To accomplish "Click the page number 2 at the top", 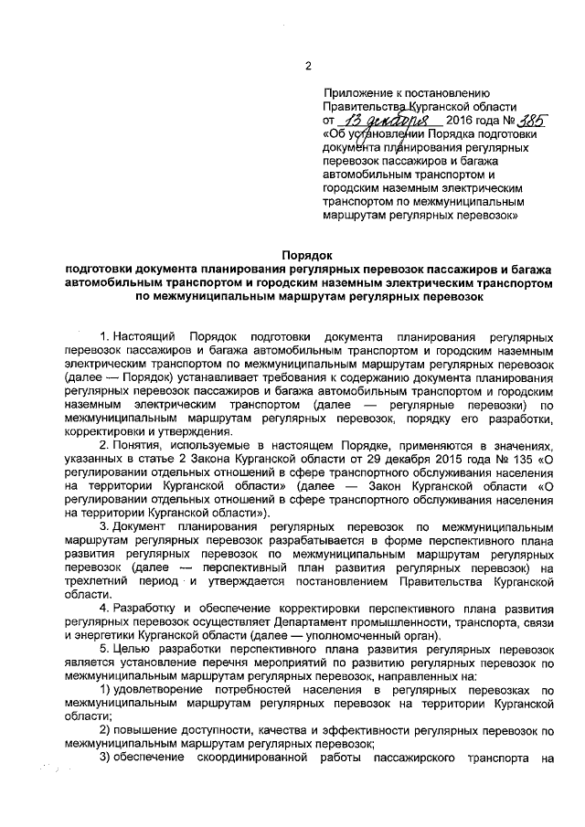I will [308, 66].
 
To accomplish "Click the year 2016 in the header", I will [462, 121].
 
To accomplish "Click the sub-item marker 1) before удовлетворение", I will [105, 691].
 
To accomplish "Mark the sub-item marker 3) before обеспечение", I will [105, 758].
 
